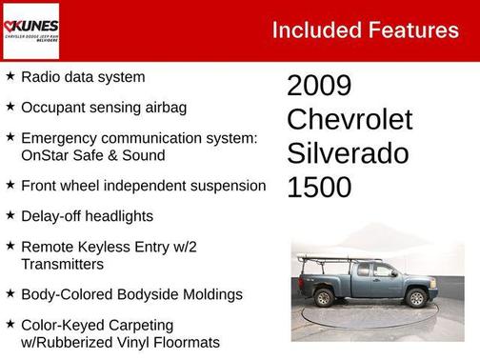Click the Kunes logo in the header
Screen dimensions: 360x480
pos(31,30)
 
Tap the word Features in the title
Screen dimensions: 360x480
pos(412,30)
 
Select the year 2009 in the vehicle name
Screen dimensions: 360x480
pos(319,86)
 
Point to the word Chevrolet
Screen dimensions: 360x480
pos(350,120)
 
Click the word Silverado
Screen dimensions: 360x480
pos(348,153)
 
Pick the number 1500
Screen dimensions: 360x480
pos(319,188)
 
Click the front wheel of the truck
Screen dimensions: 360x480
pos(416,298)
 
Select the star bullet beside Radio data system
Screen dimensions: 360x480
pos(10,76)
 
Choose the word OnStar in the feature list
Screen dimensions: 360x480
pos(46,155)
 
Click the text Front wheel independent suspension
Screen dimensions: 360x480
pos(143,186)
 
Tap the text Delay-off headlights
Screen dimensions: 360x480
pos(87,216)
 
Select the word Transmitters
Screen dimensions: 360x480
pos(62,264)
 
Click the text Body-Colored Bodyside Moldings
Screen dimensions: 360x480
pos(131,294)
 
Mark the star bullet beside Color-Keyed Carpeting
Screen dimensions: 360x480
pos(10,325)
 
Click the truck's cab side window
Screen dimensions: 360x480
pos(384,271)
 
